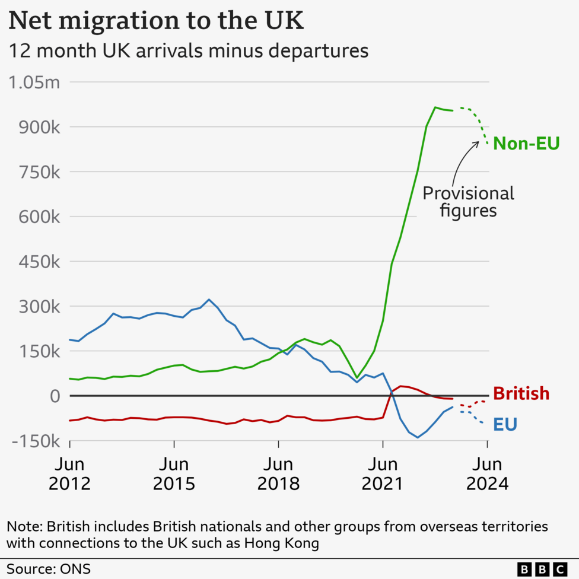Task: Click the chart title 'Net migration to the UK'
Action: pyautogui.click(x=156, y=21)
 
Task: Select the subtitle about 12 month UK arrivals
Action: pyautogui.click(x=187, y=51)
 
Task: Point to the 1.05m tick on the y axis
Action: pyautogui.click(x=34, y=82)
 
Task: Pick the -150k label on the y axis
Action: pyautogui.click(x=35, y=441)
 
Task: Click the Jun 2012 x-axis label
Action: pyautogui.click(x=69, y=473)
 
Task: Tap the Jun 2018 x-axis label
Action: pyautogui.click(x=278, y=473)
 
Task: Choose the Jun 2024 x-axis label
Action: pyautogui.click(x=487, y=473)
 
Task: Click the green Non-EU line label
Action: pyautogui.click(x=526, y=144)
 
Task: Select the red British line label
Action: pyautogui.click(x=521, y=393)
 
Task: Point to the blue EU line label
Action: pyautogui.click(x=505, y=424)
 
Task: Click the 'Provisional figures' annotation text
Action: pyautogui.click(x=468, y=202)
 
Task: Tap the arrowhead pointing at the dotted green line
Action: pyautogui.click(x=478, y=142)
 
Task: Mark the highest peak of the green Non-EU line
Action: pyautogui.click(x=435, y=107)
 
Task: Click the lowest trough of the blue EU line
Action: pyautogui.click(x=418, y=438)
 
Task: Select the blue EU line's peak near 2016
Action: pyautogui.click(x=209, y=300)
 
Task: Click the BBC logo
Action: pyautogui.click(x=542, y=568)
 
